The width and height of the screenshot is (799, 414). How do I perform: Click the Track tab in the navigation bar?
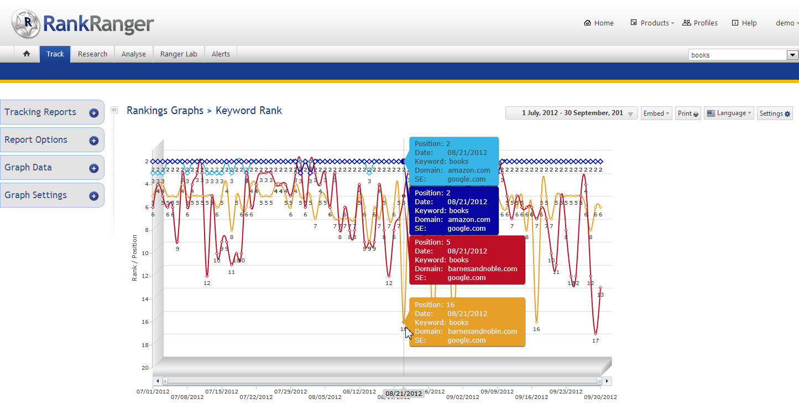click(x=55, y=54)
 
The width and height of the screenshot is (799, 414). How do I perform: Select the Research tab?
click(x=92, y=54)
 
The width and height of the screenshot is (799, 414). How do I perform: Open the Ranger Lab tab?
click(x=179, y=54)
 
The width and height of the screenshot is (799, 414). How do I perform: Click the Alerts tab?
click(x=221, y=54)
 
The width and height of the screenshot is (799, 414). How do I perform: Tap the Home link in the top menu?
click(x=599, y=23)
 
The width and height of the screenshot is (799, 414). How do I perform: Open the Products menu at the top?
click(x=653, y=23)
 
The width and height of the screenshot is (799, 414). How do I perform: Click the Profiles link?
click(x=700, y=23)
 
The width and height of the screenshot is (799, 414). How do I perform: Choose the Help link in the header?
click(x=744, y=23)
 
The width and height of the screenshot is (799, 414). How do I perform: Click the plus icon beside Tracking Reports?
click(x=94, y=113)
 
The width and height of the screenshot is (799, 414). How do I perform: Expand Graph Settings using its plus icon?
click(x=94, y=196)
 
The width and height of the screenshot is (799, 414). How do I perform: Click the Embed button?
click(x=656, y=113)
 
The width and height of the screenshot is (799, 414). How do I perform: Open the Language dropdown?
click(x=728, y=113)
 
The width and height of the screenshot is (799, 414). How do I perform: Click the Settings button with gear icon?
click(x=775, y=113)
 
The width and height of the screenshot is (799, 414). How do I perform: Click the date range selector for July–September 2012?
click(x=572, y=113)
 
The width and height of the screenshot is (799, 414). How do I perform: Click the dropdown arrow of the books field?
click(x=792, y=55)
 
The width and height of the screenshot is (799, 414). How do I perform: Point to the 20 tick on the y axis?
click(x=145, y=368)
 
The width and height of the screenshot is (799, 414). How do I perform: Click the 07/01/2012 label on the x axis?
click(x=153, y=391)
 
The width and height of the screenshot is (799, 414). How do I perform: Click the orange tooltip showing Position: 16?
click(x=467, y=322)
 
